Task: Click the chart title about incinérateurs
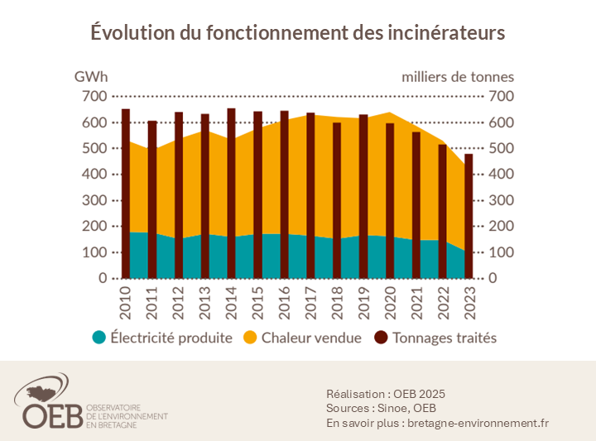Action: [x=297, y=33]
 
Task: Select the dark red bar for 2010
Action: [x=126, y=194]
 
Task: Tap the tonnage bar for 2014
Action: [x=231, y=194]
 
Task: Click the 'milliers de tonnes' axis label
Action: [x=458, y=77]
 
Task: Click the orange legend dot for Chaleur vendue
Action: [x=251, y=338]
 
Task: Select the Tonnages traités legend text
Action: [x=445, y=338]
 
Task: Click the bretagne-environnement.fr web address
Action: [x=478, y=423]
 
